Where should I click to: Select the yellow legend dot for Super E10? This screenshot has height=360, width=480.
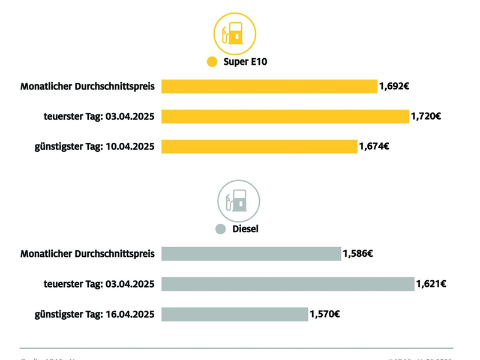pos(212,62)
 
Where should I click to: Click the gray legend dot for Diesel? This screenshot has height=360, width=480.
pos(220,229)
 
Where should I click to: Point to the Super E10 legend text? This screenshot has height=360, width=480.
pos(245,62)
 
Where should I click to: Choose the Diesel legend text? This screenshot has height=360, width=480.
pos(245,229)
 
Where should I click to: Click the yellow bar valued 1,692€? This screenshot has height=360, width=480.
pos(269,86)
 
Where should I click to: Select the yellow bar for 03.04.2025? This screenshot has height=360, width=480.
pos(285,116)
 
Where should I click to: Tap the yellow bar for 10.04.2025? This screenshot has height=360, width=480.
pos(259,146)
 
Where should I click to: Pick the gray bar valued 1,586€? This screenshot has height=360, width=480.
pos(251,254)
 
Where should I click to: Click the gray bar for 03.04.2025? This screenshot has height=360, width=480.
pos(288,284)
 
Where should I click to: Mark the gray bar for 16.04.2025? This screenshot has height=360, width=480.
pos(235,314)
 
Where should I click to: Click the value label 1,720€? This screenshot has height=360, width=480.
pos(426,116)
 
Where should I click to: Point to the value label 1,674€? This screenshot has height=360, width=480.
pos(374,146)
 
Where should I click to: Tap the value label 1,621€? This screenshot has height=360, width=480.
pos(431,284)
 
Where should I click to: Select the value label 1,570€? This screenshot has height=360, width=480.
pos(325,314)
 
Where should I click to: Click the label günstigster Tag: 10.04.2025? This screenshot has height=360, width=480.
pos(94,146)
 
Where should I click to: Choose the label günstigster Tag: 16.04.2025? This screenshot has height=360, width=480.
pos(94,314)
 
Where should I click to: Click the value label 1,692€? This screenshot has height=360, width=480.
pos(394,86)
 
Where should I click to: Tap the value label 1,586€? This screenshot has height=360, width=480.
pos(358,254)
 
